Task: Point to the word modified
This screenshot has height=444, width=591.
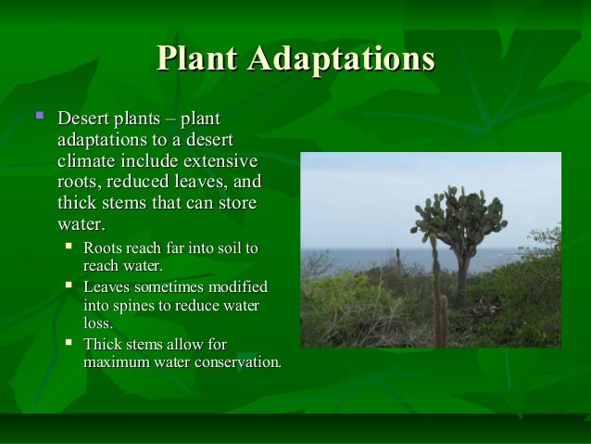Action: [x=237, y=286]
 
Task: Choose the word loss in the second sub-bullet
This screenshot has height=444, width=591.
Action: [x=97, y=323]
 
